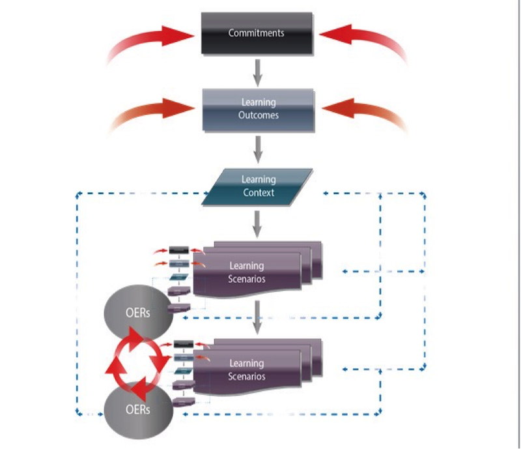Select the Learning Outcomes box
pyautogui.click(x=259, y=109)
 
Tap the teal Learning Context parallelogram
pyautogui.click(x=258, y=186)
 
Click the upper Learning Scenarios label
pyautogui.click(x=247, y=272)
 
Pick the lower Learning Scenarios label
pyautogui.click(x=247, y=369)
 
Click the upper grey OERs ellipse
pyautogui.click(x=137, y=312)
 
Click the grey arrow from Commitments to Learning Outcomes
pyautogui.click(x=258, y=72)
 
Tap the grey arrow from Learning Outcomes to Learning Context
pyautogui.click(x=258, y=149)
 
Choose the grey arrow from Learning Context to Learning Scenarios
pyautogui.click(x=258, y=225)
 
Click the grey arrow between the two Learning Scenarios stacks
pyautogui.click(x=258, y=315)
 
